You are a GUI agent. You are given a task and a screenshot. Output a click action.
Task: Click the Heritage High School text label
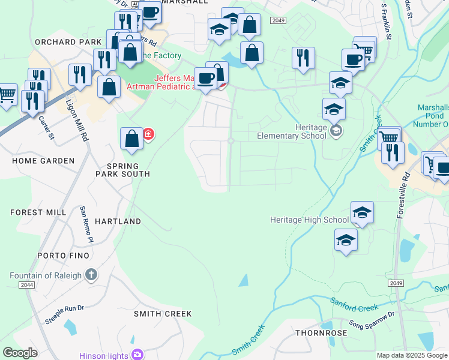pyautogui.click(x=309, y=220)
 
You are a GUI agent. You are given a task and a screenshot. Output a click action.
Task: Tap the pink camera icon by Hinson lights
pyautogui.click(x=137, y=355)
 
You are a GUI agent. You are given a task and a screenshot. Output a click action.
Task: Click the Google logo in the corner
pyautogui.click(x=20, y=353)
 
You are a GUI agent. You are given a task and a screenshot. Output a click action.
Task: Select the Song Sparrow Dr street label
pyautogui.click(x=373, y=322)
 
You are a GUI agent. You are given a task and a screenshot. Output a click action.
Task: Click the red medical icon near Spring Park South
pyautogui.click(x=148, y=134)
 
